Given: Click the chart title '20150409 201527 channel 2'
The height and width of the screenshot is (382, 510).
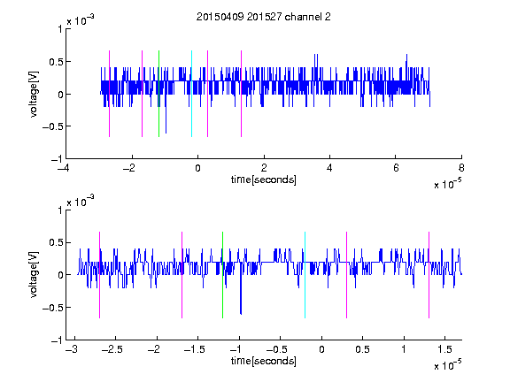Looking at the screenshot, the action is coord(264,17).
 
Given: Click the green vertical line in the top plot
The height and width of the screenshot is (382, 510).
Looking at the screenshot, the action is coord(158,94).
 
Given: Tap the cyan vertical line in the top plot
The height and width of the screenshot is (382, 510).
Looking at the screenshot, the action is coord(191,94).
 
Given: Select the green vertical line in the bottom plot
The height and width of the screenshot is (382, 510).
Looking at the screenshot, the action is coord(222,275).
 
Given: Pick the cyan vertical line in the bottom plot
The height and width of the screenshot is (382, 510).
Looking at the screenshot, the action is coord(305,275).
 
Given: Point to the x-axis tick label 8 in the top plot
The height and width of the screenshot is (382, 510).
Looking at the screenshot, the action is coord(461,168).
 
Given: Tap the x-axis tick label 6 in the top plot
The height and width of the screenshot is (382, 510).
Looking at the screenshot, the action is coord(396,168).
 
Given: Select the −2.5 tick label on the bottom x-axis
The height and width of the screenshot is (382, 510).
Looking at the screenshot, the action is coord(112,349).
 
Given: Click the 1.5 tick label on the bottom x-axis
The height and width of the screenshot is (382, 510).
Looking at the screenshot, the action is coord(444,349).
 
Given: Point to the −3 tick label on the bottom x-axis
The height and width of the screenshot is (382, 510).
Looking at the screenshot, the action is coord(71,349).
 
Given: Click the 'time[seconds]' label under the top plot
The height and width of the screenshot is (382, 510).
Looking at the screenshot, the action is coord(264,180).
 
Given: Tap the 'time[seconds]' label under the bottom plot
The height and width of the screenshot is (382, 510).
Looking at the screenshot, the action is coord(264,361).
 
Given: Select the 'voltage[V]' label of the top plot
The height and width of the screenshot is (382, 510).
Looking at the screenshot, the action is coord(34,95).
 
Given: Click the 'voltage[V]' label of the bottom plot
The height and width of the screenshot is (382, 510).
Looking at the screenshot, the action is coord(34,275).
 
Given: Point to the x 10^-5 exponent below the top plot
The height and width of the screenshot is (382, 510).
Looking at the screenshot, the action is coord(447,184).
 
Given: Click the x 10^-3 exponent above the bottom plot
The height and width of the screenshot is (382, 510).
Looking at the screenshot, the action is coord(81,201).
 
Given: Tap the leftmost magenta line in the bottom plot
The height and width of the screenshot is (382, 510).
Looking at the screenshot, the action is coord(99,275).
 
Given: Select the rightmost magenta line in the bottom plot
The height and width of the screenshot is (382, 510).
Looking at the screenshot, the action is coord(429,275).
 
